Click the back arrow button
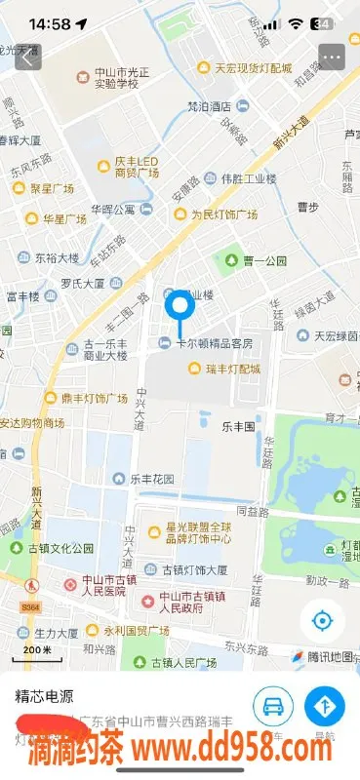click(x=28, y=57)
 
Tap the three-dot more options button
click(x=332, y=57)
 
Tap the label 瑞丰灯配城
click(x=234, y=369)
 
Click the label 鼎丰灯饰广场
click(x=93, y=398)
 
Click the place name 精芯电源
click(x=47, y=697)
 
